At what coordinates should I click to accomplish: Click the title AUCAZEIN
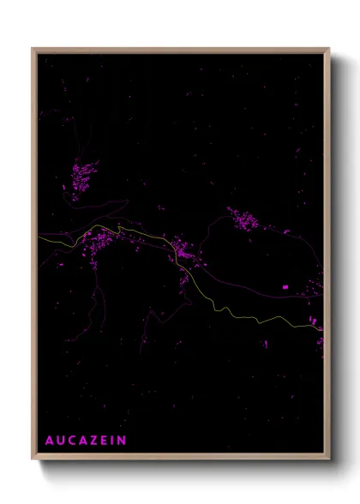click(x=86, y=441)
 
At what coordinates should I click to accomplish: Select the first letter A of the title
click(x=50, y=441)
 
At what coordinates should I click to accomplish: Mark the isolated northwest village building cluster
click(x=84, y=178)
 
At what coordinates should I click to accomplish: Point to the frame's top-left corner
click(x=33, y=48)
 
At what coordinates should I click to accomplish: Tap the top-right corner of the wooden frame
click(x=329, y=48)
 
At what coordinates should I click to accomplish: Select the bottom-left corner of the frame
click(x=33, y=459)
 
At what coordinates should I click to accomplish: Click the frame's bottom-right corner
click(x=329, y=459)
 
